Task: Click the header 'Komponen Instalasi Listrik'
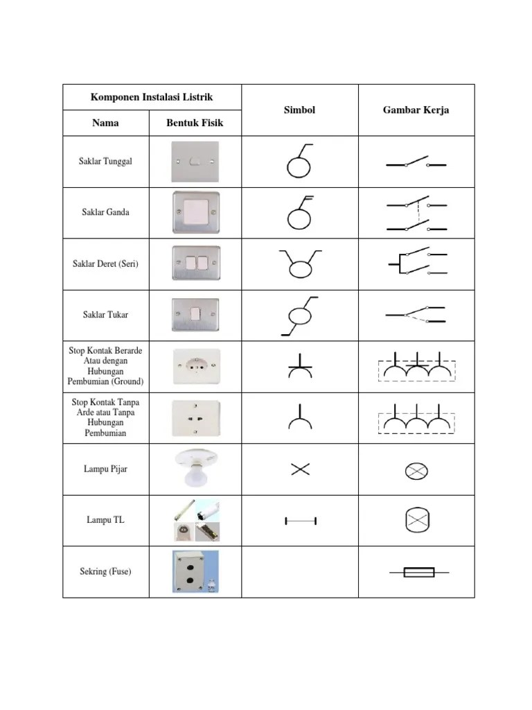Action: [x=152, y=96]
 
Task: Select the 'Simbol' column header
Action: [x=299, y=110]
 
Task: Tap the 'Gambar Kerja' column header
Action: [x=416, y=110]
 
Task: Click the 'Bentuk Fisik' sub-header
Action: [x=195, y=123]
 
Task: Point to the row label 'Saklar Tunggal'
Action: [x=105, y=162]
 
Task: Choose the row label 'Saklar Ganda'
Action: [x=105, y=212]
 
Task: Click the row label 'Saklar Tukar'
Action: [x=105, y=315]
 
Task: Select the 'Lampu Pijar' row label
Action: [x=105, y=469]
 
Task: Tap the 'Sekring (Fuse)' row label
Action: [x=105, y=571]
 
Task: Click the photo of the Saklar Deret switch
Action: [x=195, y=263]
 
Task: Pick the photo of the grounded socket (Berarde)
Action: [x=195, y=366]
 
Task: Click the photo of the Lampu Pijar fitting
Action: [x=195, y=468]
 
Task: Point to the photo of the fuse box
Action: [x=195, y=571]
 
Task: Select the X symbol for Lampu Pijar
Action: [x=300, y=469]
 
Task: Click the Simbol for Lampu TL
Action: [x=300, y=520]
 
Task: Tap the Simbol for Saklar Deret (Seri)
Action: [x=299, y=263]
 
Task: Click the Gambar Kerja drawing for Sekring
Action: [x=418, y=572]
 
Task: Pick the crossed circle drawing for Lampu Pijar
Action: [x=416, y=471]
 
